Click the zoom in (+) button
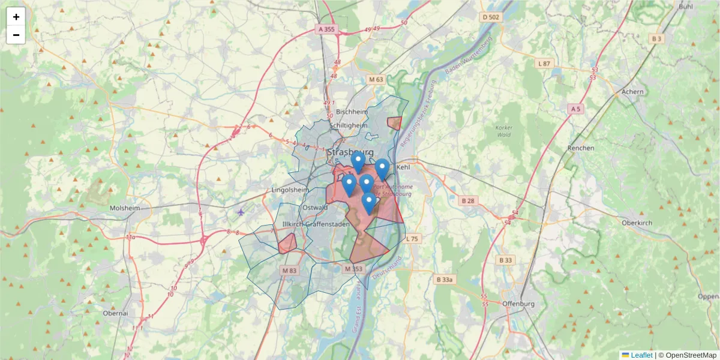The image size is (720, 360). [16, 17]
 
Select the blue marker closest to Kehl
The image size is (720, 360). [382, 169]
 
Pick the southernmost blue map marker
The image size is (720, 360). [369, 203]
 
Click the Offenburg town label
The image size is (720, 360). [518, 304]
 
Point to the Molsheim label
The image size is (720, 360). [125, 208]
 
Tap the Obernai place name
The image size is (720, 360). [115, 313]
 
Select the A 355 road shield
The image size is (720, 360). [328, 29]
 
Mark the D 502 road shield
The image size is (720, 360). [490, 17]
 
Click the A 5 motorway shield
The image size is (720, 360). [575, 109]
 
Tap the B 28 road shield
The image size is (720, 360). [468, 200]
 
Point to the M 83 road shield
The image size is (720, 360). [289, 271]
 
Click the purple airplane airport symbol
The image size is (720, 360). [241, 212]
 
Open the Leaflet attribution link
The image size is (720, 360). [641, 355]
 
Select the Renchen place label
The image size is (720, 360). [581, 148]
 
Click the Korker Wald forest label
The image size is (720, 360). [504, 131]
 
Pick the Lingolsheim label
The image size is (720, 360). [290, 190]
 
